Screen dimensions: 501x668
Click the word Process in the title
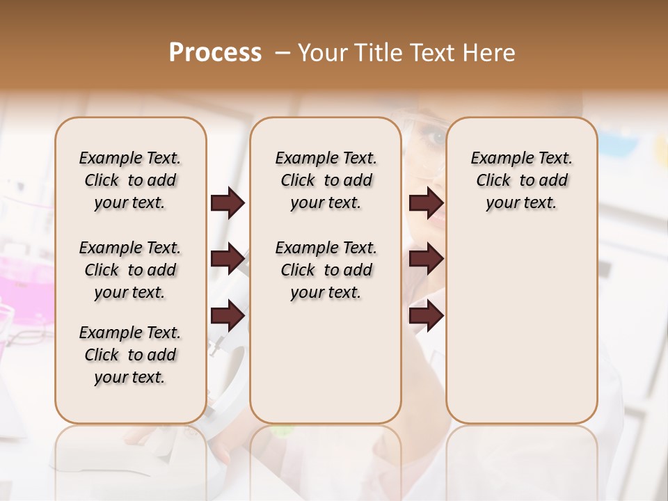click(x=215, y=53)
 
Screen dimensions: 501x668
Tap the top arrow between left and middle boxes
click(x=228, y=203)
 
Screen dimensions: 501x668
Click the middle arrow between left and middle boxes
click(x=228, y=260)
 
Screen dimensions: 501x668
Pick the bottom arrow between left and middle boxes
click(x=228, y=315)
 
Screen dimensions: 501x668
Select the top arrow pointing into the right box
click(x=426, y=203)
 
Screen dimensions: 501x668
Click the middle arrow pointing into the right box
click(x=426, y=260)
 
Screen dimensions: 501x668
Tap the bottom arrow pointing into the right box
click(x=426, y=315)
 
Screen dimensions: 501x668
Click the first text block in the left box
click(x=130, y=180)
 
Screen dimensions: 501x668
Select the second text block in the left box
click(x=130, y=270)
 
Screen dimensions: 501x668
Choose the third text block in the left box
click(x=130, y=355)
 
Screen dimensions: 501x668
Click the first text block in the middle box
click(x=326, y=180)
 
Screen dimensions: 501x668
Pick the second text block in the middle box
click(x=326, y=270)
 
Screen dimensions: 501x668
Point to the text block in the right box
click(x=522, y=180)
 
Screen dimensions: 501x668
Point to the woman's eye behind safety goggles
click(x=437, y=138)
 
